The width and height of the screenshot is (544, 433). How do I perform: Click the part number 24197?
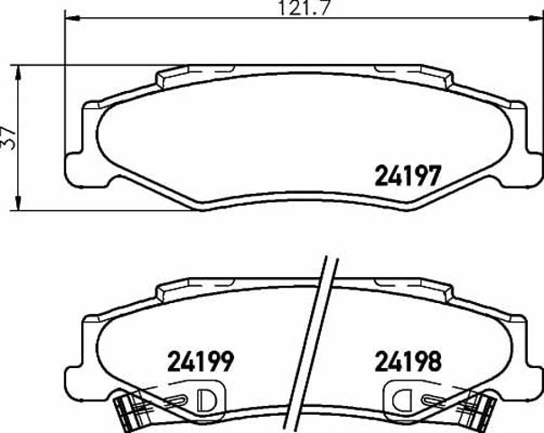point(408,175)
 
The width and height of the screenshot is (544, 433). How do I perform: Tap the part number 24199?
point(201,362)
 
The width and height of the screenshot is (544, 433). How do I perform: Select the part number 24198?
point(408,362)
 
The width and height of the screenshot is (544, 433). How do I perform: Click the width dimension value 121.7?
point(304,7)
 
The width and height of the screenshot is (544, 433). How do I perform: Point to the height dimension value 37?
point(9,138)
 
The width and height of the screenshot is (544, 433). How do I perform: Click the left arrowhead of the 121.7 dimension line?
point(72,18)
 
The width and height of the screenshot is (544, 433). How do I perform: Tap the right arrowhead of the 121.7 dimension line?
point(536,18)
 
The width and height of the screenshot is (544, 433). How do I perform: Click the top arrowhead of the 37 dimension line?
point(18,72)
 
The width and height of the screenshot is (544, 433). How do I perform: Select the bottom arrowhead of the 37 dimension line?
point(18,203)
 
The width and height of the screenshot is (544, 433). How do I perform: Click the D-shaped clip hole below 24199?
point(206,401)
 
